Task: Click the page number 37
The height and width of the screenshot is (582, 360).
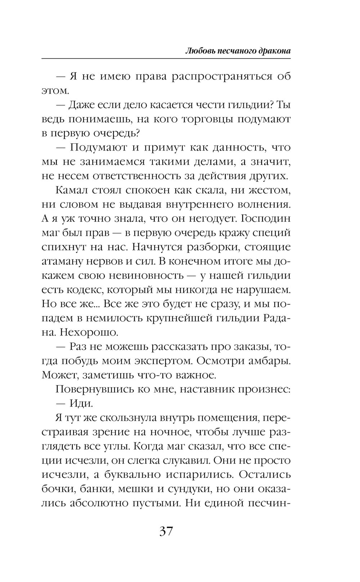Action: (166, 531)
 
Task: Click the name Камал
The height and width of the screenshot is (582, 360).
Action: (73, 190)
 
